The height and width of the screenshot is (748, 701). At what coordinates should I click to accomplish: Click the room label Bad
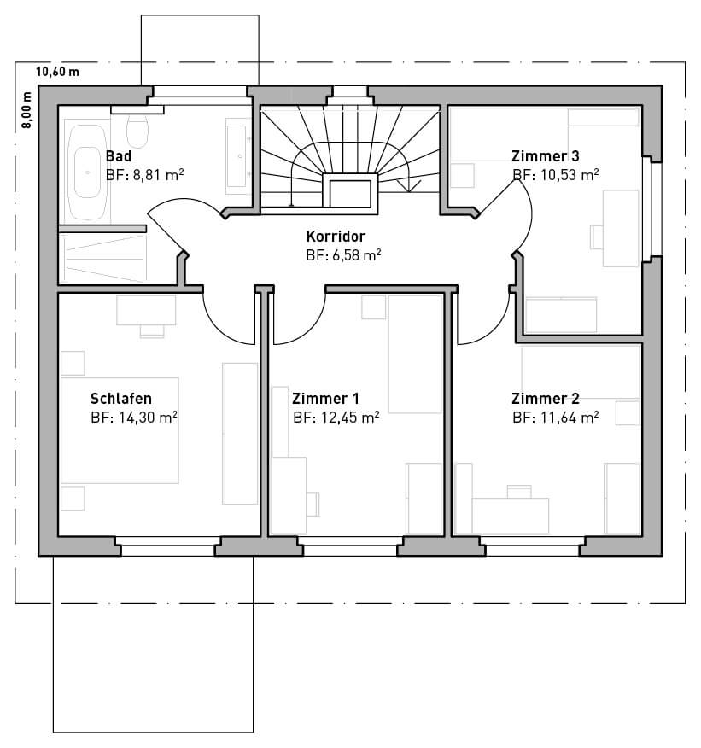119,156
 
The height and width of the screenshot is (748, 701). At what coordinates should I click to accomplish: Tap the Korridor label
336,237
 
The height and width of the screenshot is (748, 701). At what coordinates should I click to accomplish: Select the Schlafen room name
121,398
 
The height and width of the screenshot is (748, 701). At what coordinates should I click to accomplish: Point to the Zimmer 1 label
325,398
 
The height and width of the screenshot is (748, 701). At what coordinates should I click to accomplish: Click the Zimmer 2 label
546,398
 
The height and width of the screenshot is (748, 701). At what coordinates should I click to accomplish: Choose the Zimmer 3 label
546,156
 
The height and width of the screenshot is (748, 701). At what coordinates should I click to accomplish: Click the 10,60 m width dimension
58,72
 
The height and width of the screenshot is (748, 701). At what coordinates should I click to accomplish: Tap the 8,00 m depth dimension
26,109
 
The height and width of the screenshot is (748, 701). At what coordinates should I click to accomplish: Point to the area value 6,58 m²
357,255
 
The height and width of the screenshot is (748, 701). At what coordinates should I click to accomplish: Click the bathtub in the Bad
87,172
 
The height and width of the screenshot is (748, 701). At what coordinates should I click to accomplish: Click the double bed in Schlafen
120,430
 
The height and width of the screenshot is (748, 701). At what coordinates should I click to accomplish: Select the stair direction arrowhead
409,186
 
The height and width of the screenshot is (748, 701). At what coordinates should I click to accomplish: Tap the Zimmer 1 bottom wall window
350,546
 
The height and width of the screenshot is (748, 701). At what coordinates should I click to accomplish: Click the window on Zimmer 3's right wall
651,209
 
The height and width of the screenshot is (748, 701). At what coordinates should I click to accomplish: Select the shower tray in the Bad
102,258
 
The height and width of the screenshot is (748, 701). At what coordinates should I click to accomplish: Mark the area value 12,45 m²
350,418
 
